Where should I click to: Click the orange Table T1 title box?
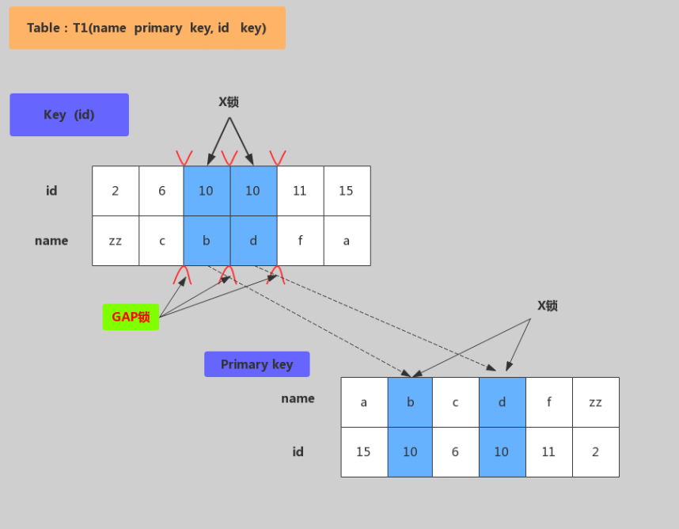coord(147,29)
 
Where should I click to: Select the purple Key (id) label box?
coord(69,115)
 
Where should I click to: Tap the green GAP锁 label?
coord(131,317)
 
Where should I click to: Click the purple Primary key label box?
coord(256,364)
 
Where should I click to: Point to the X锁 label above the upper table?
coord(229,102)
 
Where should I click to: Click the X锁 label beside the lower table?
coord(548,306)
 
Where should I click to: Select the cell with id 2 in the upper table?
coord(116,191)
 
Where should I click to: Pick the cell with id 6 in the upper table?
coord(161,191)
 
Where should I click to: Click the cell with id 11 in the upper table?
coord(300,191)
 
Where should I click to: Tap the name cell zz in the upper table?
coord(116,241)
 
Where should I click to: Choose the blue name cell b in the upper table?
coord(207,241)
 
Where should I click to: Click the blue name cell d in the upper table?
coord(253,241)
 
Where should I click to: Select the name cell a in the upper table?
coord(347,241)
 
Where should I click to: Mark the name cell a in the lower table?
coord(364,402)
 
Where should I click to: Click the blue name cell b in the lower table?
coord(410,402)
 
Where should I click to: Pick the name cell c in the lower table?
coord(455,402)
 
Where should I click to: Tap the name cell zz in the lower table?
coord(595,402)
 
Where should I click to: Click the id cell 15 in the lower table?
coord(364,452)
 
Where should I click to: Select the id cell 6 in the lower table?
coord(455,452)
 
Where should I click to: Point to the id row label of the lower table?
coord(298,452)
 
